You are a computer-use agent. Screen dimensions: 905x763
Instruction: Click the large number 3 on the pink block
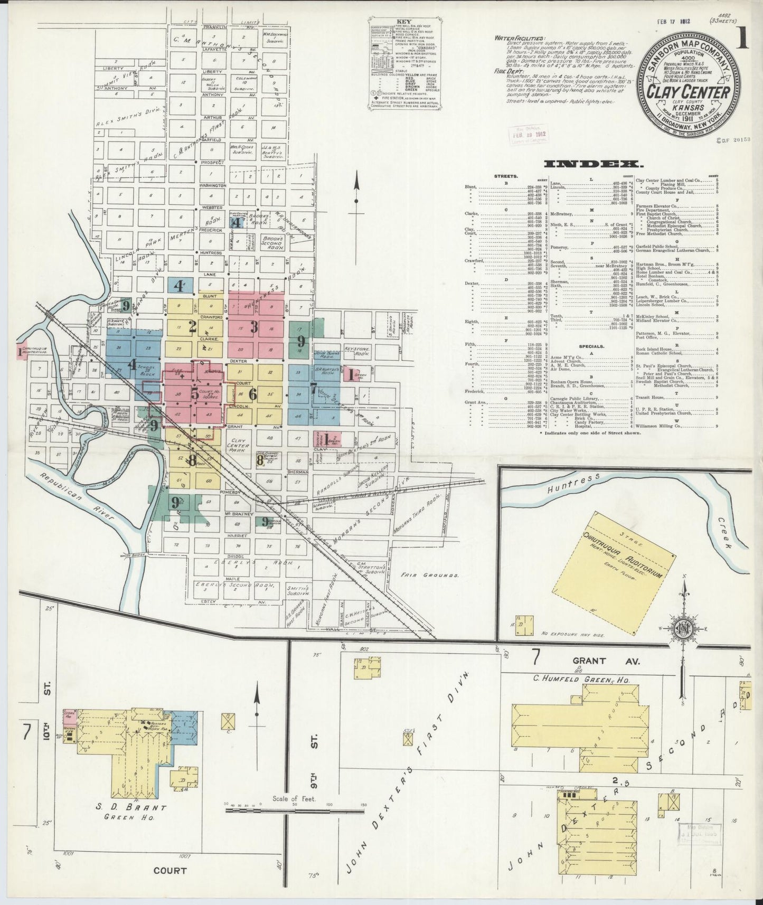(253, 327)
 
